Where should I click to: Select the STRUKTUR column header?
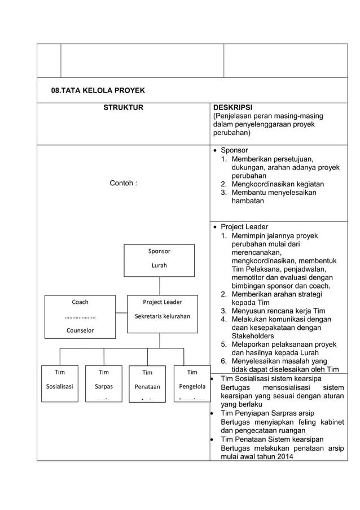coord(123,107)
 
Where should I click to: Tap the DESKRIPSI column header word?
coord(232,107)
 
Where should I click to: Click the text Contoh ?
coord(123,183)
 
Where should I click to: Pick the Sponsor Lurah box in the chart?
coord(159,260)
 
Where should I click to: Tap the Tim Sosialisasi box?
coord(60,383)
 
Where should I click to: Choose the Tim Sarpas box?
coord(104,383)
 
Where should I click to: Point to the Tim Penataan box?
coord(147,383)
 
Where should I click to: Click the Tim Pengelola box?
coord(192,382)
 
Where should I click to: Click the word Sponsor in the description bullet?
coord(234,150)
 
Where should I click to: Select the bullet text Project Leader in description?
coord(244,226)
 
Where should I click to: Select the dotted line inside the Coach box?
coord(80,317)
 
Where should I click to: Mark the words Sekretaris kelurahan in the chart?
coord(163,316)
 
